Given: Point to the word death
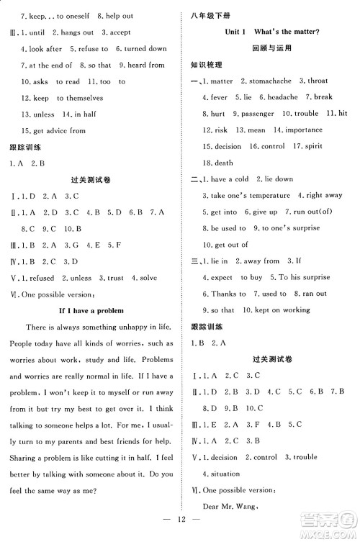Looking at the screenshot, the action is pos(224,163).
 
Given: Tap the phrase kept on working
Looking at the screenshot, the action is pos(282,310).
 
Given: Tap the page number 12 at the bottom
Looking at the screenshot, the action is pos(181,528).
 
